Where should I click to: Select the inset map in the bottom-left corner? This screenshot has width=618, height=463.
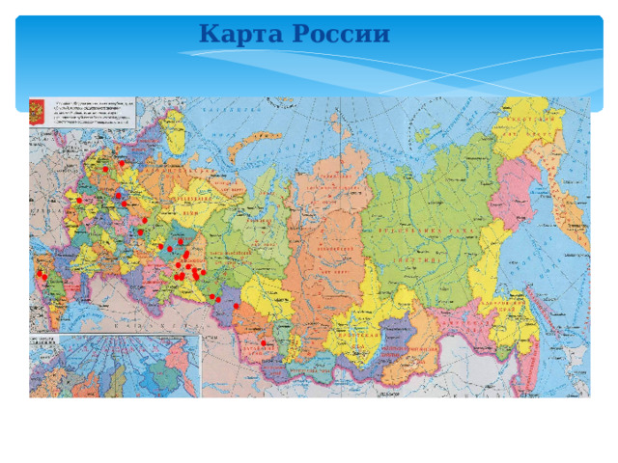[x=113, y=366]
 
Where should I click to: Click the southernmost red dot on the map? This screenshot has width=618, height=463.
[x=264, y=343]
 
